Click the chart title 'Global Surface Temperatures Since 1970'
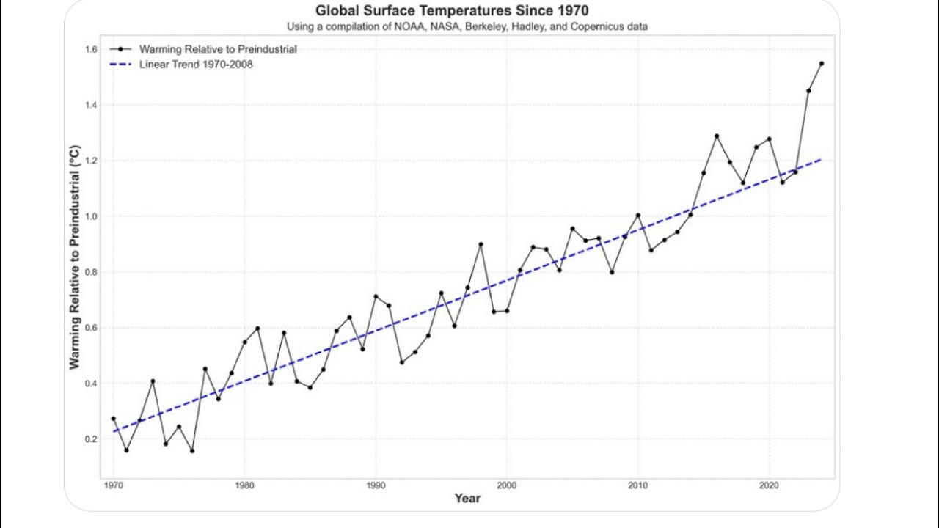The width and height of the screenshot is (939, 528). click(x=451, y=11)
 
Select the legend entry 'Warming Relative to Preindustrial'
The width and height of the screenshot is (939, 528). click(x=218, y=49)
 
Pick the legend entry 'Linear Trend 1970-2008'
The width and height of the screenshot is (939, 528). click(x=196, y=65)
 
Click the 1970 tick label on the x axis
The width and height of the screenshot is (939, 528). click(x=113, y=485)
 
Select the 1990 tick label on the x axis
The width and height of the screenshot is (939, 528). click(x=376, y=485)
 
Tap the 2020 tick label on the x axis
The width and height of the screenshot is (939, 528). click(x=769, y=485)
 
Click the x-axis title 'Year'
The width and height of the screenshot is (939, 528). click(x=467, y=499)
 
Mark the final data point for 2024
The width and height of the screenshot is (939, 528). click(x=822, y=64)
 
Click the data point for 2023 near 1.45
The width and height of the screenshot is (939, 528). click(x=808, y=91)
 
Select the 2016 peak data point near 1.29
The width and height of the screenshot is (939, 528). click(x=717, y=136)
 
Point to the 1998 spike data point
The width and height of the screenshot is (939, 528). click(x=481, y=244)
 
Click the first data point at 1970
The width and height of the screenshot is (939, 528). click(x=113, y=419)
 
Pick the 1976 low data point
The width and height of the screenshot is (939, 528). click(x=192, y=451)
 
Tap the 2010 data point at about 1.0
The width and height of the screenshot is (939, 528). click(x=638, y=216)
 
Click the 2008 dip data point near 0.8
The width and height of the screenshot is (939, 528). click(x=612, y=272)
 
